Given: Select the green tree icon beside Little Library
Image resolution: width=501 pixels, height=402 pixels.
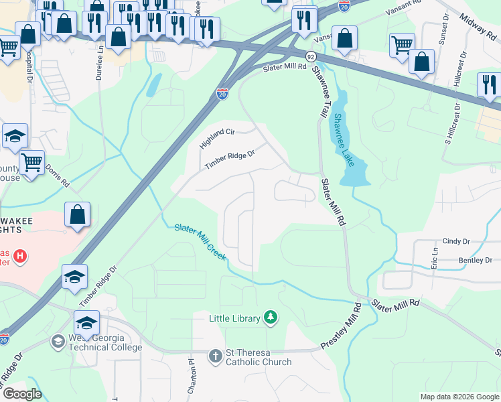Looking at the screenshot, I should point(270,317).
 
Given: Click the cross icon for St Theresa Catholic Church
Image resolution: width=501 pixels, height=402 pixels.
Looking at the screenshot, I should point(216,355).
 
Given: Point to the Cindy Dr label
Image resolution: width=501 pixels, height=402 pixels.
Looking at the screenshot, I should point(457,241).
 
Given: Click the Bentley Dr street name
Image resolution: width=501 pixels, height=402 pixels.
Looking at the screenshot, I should point(475,260).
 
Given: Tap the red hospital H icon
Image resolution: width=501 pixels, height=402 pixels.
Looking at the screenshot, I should point(20,256).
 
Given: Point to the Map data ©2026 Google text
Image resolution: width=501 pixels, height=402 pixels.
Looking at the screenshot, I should point(459,397).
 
